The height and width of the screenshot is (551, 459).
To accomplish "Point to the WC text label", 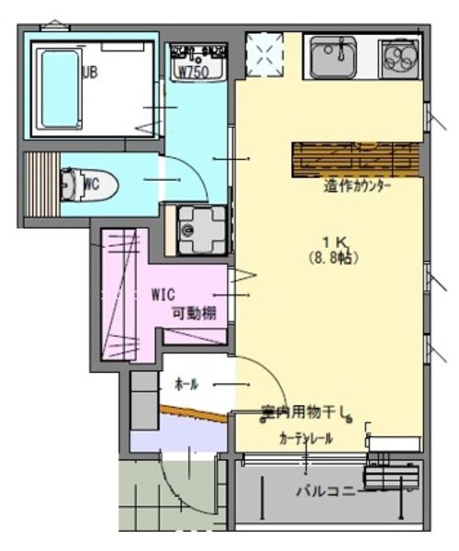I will [90, 184].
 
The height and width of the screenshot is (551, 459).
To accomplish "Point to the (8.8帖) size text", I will [332, 259].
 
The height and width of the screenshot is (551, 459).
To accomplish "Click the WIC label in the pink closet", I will [162, 296].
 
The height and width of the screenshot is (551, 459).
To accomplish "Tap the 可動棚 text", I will [195, 313].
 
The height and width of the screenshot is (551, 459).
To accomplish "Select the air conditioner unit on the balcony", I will [392, 478].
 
